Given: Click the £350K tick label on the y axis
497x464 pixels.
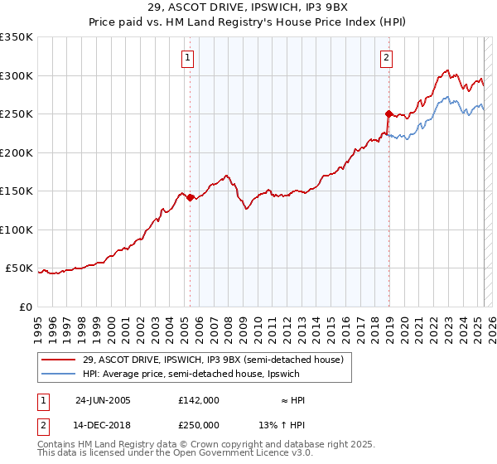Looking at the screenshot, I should (17, 37).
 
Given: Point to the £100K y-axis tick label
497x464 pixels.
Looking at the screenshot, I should (17, 230).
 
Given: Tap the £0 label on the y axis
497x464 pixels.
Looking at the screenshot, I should (25, 307).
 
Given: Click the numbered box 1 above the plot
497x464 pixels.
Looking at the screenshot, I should (189, 57).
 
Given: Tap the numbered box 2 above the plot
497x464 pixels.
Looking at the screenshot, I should (387, 57).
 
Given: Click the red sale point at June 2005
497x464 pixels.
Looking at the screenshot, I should (190, 197).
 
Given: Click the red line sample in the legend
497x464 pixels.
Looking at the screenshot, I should (59, 360).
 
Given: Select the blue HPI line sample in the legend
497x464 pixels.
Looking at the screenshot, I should (59, 375).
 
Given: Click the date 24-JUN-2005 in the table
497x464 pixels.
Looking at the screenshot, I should (103, 399).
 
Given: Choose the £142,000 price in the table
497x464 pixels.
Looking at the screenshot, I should (199, 399).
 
